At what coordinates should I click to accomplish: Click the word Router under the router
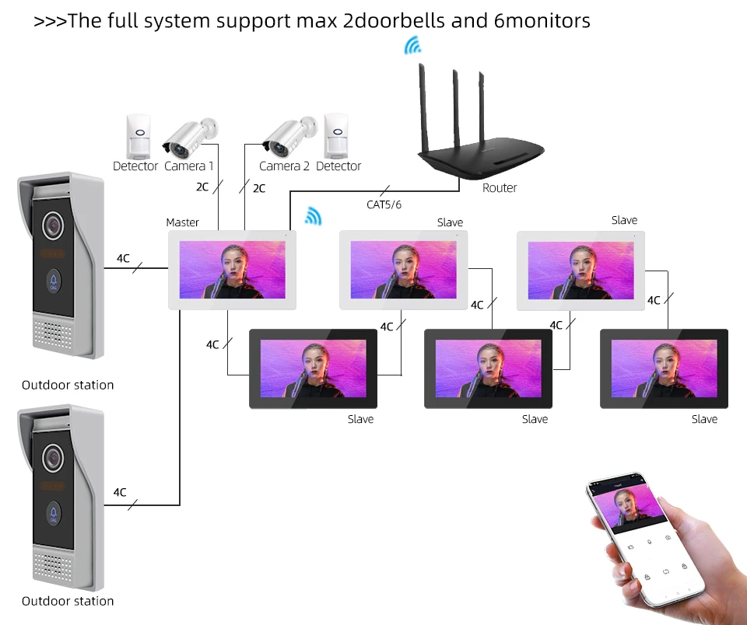500,188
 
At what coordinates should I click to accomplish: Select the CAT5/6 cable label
384,204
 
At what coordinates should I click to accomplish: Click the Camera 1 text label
188,166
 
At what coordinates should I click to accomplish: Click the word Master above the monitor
183,223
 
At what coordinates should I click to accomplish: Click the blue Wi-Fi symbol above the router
412,46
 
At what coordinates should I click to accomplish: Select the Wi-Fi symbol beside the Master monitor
313,216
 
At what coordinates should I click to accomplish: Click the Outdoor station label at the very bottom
68,601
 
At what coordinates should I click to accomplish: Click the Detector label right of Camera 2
338,166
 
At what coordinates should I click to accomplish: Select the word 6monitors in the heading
542,21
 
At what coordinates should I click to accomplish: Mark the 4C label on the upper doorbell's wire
123,258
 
